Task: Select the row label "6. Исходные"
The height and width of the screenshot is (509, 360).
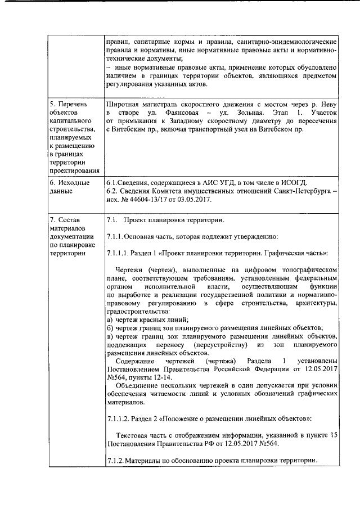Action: tap(69, 183)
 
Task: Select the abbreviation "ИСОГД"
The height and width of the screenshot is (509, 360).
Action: tap(292, 183)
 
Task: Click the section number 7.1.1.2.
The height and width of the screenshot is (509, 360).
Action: tap(119, 420)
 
